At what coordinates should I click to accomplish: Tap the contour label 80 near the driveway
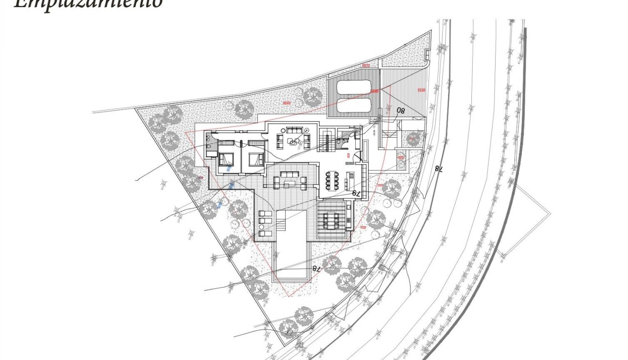pyautogui.click(x=400, y=111)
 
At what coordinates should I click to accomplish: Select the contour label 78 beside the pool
pyautogui.click(x=316, y=268)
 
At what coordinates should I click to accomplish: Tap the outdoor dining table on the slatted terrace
pyautogui.click(x=331, y=220)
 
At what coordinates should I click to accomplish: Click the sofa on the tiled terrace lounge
pyautogui.click(x=290, y=174)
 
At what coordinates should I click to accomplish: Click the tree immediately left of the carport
pyautogui.click(x=313, y=97)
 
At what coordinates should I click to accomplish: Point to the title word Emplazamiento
pyautogui.click(x=88, y=4)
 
